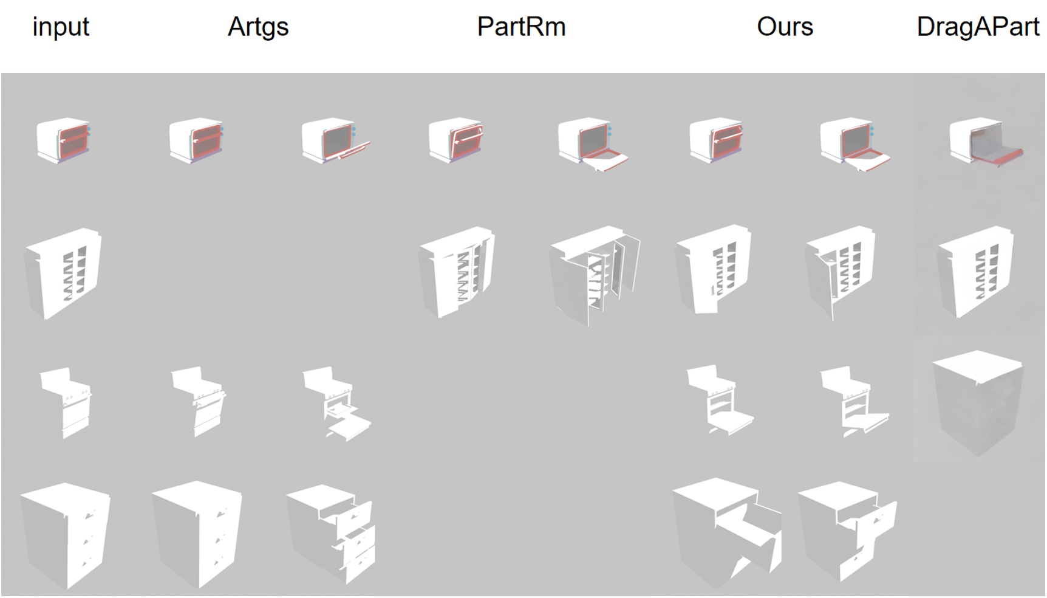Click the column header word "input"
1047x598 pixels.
[61, 27]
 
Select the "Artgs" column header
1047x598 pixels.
[258, 27]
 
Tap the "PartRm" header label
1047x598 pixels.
[521, 27]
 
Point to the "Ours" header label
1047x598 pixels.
[785, 27]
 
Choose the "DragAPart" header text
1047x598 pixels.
[978, 27]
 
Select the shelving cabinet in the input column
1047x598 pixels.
[64, 272]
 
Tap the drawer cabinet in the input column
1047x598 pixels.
[66, 535]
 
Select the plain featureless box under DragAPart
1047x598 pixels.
[978, 401]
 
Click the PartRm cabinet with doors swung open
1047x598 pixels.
[594, 275]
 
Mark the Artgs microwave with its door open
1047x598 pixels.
[334, 140]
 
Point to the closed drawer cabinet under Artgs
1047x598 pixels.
[197, 534]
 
